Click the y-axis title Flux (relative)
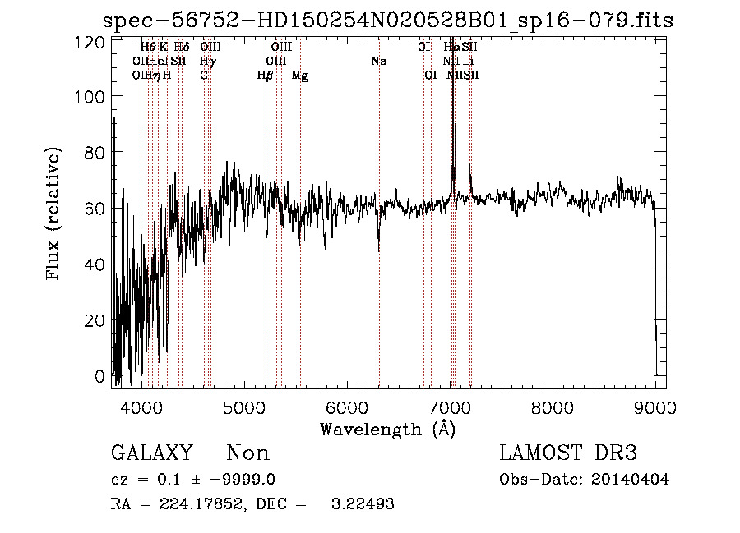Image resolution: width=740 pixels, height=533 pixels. pos(55,215)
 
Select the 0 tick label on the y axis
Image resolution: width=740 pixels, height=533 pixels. pos(101,376)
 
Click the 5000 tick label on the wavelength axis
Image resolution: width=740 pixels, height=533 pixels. pos(243,407)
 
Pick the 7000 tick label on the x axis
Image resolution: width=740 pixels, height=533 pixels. pos(450,407)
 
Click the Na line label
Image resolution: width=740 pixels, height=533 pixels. pos(378,62)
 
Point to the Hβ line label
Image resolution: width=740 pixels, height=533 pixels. pos(265,76)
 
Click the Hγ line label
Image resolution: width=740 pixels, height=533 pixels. pos(208,62)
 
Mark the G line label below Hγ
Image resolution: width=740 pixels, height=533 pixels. pos(204,76)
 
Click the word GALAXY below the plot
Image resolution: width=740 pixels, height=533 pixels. pos(151,453)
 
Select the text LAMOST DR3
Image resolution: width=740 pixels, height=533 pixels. pos(568,453)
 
